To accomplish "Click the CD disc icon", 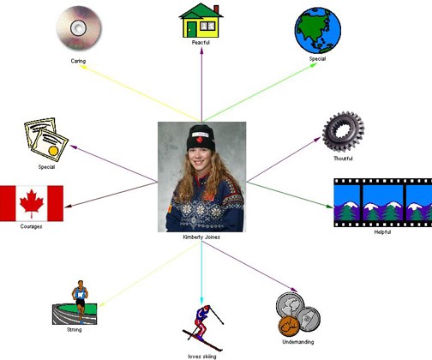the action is [79, 28].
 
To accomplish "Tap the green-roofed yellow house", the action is [201, 21].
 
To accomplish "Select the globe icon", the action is [318, 30].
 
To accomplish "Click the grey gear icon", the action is [343, 131].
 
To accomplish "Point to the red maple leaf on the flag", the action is [32, 203].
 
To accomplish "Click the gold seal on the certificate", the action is [53, 151].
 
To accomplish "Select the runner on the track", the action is [80, 301].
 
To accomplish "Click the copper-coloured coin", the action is [289, 327].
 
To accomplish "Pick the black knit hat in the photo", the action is [201, 138].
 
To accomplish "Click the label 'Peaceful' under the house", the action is [201, 43].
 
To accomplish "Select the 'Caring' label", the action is [78, 61].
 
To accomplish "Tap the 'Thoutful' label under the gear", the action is [343, 159].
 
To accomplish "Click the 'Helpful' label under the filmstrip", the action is [382, 232].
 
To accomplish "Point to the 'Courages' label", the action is [31, 226].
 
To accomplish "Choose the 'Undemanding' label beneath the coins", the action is [298, 342].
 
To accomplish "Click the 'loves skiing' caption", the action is [202, 357].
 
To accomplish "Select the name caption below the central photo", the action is [201, 237].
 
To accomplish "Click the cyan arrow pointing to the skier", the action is [201, 273].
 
